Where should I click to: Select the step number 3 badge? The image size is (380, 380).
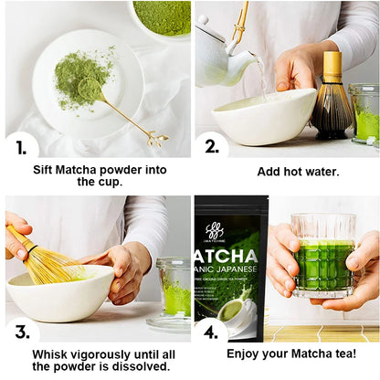coord(20,332)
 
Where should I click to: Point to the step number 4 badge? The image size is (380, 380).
coord(212,332)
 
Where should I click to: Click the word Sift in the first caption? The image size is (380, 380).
coord(47,169)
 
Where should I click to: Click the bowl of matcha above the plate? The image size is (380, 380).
coord(162,16)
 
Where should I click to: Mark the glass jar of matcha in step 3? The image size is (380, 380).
coord(174,290)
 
